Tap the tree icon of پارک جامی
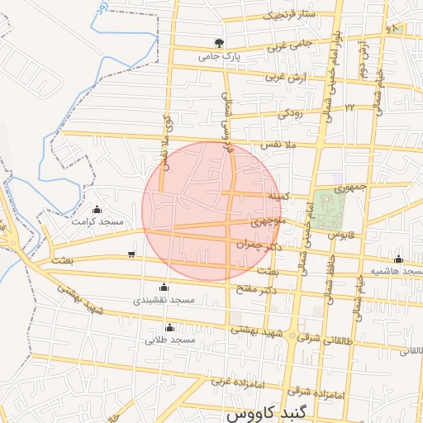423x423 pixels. coord(218,44)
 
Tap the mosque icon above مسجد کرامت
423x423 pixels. coord(97,209)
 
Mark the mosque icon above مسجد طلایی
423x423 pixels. coord(169,327)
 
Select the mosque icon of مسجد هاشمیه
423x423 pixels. coord(399,259)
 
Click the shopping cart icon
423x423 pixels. coord(132,254)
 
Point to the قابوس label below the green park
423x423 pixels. coord(340,235)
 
